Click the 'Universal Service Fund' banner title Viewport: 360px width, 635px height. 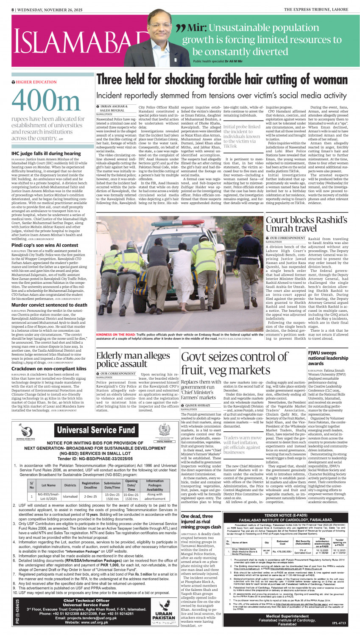(96, 430)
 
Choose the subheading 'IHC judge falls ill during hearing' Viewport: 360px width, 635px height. (46, 154)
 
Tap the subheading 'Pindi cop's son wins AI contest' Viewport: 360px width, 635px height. (45, 245)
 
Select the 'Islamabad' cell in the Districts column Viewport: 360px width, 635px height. (70, 496)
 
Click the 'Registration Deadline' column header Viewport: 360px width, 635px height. (90, 485)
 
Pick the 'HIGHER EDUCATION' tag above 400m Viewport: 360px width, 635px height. (36, 82)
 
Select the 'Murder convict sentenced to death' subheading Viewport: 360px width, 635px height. (49, 305)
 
